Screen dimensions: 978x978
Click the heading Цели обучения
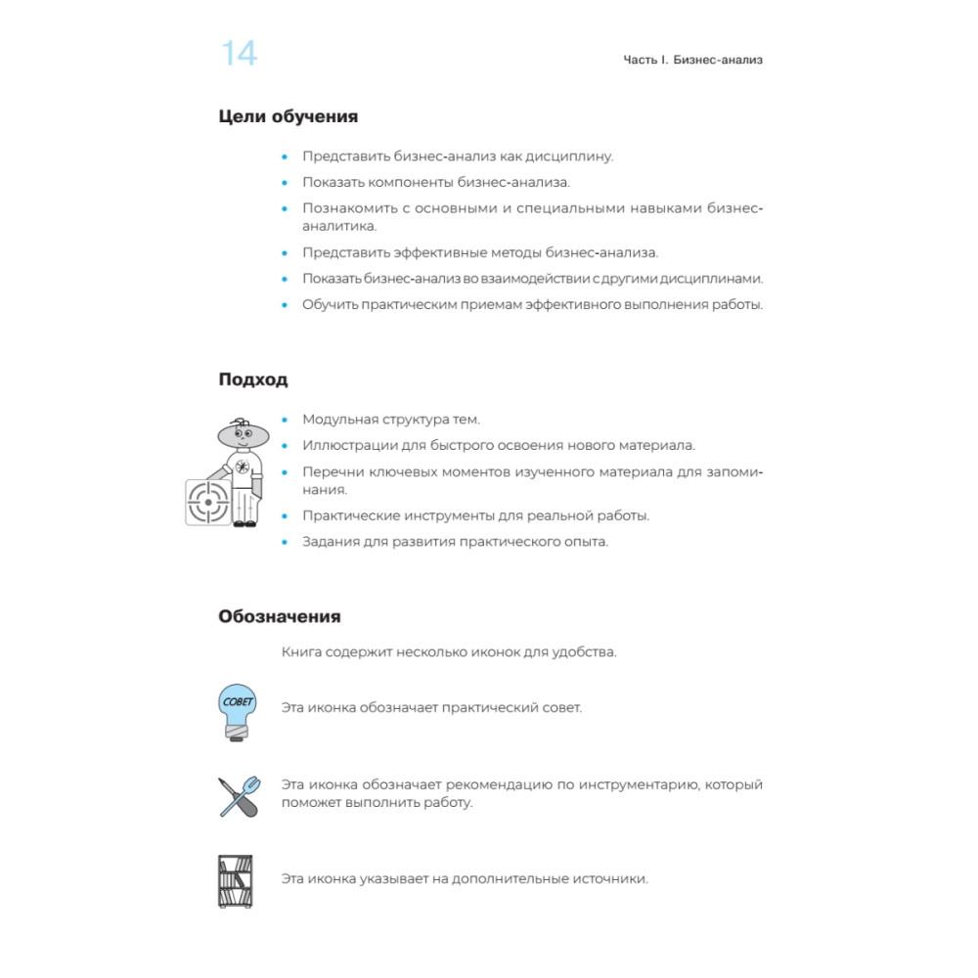pyautogui.click(x=289, y=116)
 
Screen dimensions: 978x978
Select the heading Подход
pyautogui.click(x=253, y=379)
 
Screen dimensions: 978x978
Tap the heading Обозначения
pyautogui.click(x=280, y=617)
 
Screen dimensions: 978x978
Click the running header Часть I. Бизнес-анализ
pyautogui.click(x=692, y=60)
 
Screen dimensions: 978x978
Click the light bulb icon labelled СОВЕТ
pyautogui.click(x=237, y=710)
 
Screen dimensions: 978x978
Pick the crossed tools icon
pyautogui.click(x=239, y=795)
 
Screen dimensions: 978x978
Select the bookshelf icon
pyautogui.click(x=235, y=880)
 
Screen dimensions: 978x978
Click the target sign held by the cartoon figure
pyautogui.click(x=207, y=502)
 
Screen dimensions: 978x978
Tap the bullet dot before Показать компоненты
pyautogui.click(x=286, y=182)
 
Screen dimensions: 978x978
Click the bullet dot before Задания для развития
pyautogui.click(x=286, y=542)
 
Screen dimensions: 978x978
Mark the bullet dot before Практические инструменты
pyautogui.click(x=286, y=515)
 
